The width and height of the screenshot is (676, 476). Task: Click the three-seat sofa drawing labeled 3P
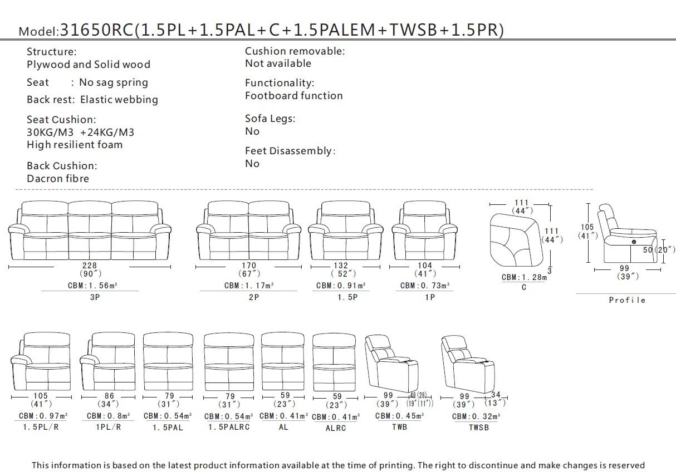tap(90, 230)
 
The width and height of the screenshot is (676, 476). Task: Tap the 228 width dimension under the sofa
tap(90, 266)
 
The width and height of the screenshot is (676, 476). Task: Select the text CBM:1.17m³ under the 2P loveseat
tap(249, 286)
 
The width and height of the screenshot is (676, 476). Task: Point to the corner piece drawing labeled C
tap(516, 240)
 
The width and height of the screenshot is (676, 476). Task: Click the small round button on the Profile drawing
tap(634, 242)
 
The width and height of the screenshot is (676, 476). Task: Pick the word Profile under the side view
tap(627, 300)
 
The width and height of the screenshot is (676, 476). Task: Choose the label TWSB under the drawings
tap(479, 428)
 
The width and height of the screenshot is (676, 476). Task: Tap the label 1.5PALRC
tap(229, 427)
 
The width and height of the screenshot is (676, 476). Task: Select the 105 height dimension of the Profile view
tap(587, 227)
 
